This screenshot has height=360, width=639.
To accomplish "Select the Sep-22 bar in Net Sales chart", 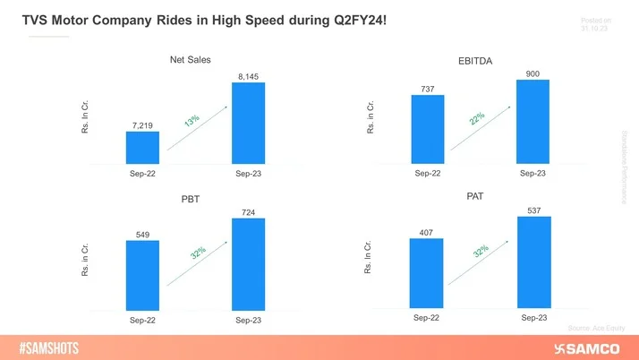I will coord(142,148).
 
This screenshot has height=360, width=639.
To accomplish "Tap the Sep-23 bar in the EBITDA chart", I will coord(532,122).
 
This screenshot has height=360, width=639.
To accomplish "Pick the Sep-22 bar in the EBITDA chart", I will coord(427,129).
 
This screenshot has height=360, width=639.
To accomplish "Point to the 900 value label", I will coord(533,73).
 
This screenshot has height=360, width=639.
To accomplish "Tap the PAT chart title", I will coord(475,196).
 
